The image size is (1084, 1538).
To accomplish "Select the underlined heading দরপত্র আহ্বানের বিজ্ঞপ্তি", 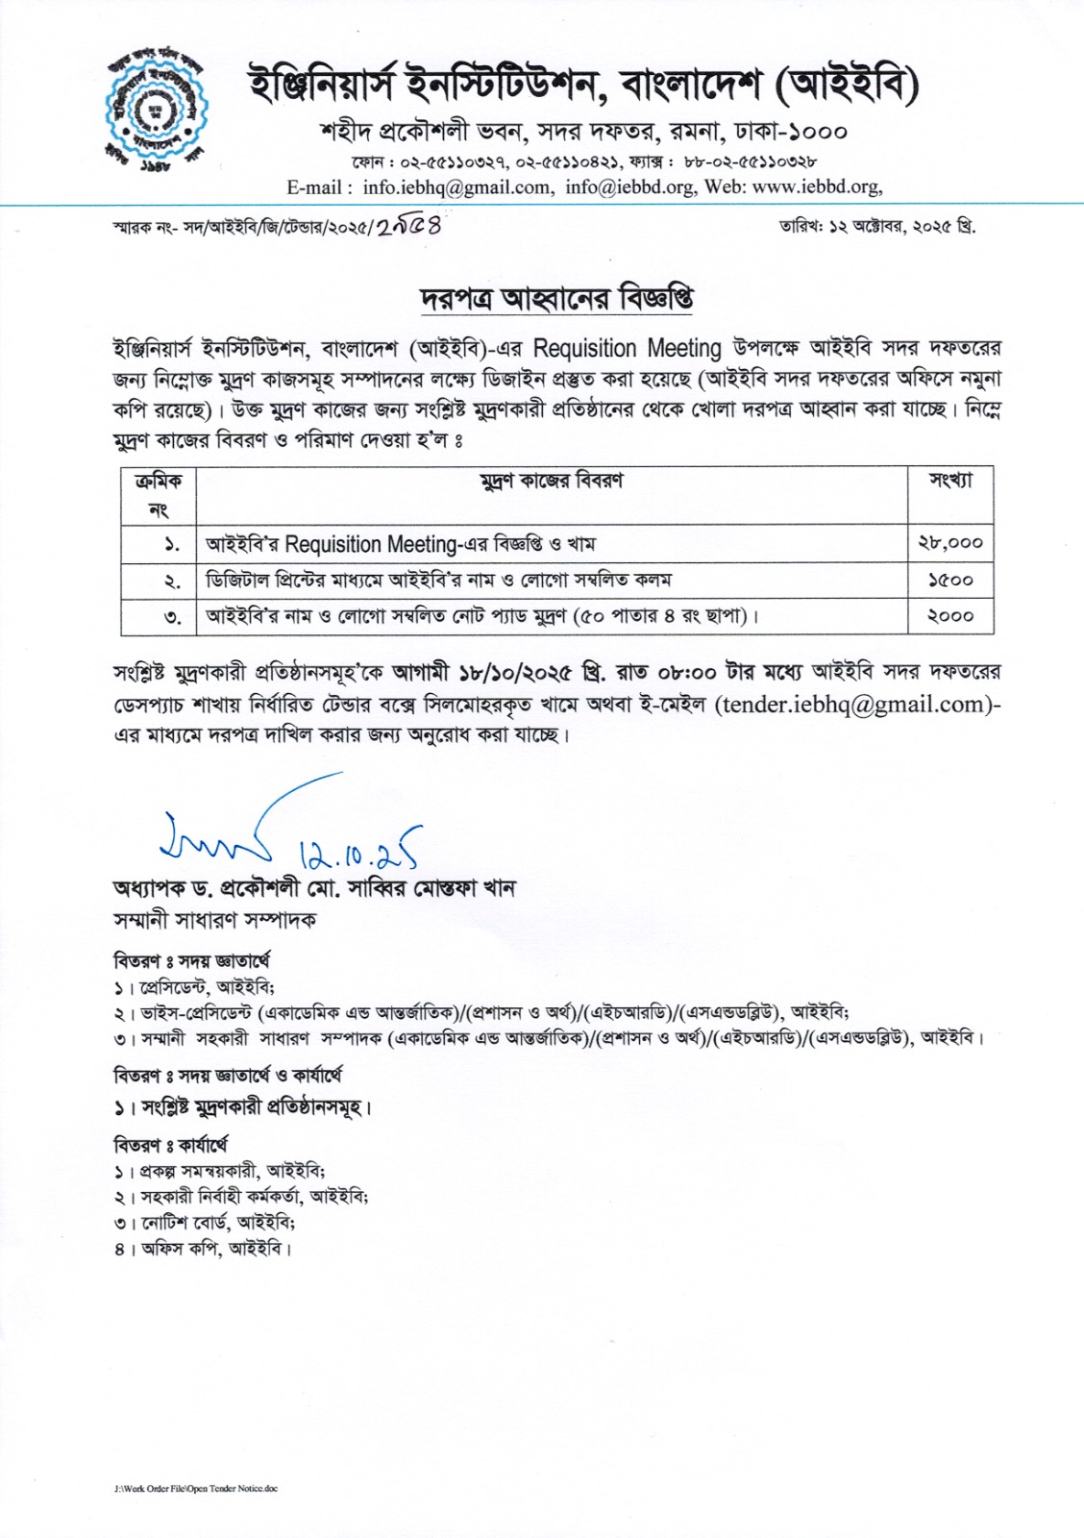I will [x=556, y=298].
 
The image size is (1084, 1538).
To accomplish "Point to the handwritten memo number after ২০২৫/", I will [x=408, y=227].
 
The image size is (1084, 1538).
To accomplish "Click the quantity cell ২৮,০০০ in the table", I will [x=949, y=543].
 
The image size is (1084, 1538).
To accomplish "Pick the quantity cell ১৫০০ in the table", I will [x=949, y=580].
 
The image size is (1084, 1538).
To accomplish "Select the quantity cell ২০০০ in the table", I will [x=949, y=616].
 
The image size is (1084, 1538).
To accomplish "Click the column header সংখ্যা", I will [x=949, y=481].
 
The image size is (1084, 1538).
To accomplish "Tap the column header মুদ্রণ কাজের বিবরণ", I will [x=552, y=481].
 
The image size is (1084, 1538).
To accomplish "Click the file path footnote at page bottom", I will [x=196, y=1488].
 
